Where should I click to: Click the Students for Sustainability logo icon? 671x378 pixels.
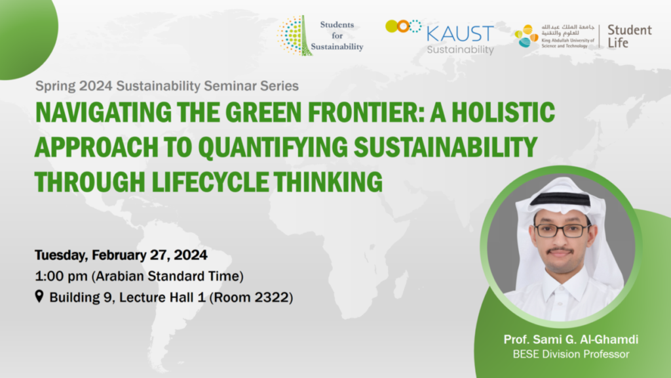click(294, 35)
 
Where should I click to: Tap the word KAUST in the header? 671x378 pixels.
click(461, 34)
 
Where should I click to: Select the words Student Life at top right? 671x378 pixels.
click(630, 37)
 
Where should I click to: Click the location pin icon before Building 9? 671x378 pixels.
click(39, 296)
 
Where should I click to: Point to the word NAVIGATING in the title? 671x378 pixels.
click(103, 112)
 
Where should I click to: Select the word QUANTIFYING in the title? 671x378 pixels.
click(273, 147)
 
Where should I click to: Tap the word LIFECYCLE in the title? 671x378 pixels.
click(210, 182)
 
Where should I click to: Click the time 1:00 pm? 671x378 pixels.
click(61, 276)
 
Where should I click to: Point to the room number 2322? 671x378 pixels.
click(272, 297)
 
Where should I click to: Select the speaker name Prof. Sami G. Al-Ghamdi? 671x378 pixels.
click(571, 339)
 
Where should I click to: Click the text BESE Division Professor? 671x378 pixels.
click(571, 354)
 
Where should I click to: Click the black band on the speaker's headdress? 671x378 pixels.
click(560, 199)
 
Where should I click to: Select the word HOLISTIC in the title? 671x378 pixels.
click(503, 112)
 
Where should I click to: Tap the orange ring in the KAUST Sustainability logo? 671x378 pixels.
click(403, 26)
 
